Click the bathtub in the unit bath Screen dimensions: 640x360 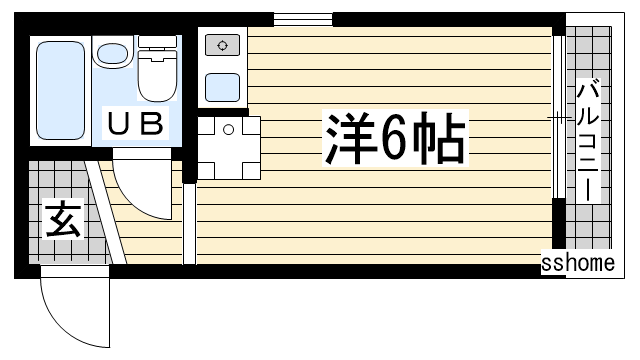60,90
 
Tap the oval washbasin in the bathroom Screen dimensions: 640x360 113,54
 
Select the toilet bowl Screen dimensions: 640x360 157,76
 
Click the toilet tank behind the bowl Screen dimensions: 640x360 157,41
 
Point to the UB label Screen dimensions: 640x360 136,123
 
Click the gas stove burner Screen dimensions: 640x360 222,45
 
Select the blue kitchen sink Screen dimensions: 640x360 222,87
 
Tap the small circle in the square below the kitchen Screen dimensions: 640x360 229,130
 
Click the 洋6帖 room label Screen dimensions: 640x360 395,138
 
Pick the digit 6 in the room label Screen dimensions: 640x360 393,138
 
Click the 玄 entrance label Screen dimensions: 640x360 63,219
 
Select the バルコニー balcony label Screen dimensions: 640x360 588,141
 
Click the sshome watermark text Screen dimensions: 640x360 578,262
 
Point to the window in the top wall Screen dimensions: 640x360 303,20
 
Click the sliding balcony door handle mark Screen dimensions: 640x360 559,118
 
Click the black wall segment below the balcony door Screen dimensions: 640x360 559,223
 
